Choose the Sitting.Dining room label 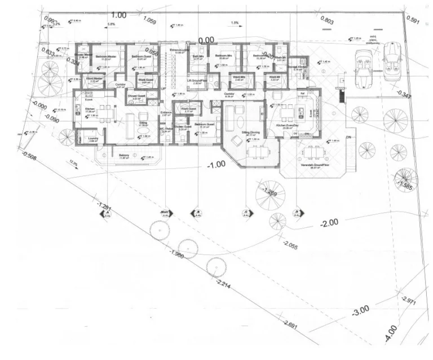coord(250,133)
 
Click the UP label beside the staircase coord(164,89)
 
